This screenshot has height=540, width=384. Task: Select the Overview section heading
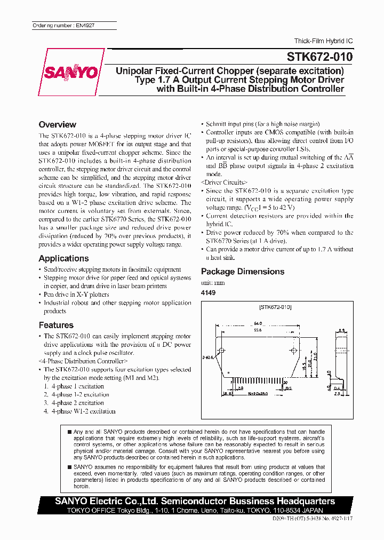(x=57, y=124)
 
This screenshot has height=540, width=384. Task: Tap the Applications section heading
(x=63, y=258)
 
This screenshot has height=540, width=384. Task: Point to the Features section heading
(x=56, y=325)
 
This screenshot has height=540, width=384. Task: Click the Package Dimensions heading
(x=242, y=271)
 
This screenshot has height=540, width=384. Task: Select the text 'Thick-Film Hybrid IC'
(x=323, y=41)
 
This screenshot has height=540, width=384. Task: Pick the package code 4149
(x=208, y=293)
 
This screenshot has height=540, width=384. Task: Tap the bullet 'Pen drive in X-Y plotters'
(x=76, y=294)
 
